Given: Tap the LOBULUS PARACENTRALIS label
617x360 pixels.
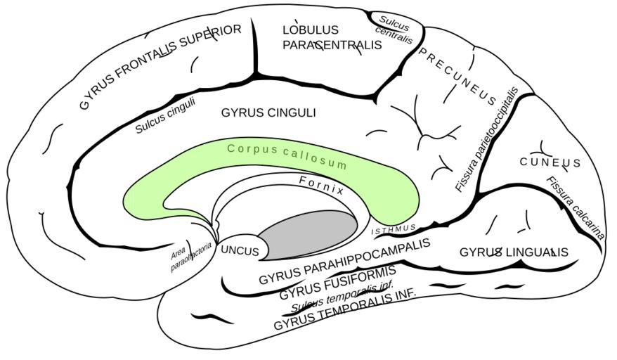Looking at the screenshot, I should pos(332,37).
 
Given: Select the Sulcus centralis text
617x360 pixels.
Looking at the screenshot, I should pos(394,28).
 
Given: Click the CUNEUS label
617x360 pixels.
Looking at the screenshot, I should pos(550,163).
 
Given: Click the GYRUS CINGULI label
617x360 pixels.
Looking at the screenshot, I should pos(268,112).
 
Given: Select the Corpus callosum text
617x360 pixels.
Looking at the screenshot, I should pos(287,156).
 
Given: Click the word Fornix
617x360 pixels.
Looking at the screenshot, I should pos(321,185).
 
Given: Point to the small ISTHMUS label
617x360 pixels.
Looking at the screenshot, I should pos(394,229).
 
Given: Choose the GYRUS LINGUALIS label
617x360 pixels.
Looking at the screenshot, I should pos(514,252).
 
